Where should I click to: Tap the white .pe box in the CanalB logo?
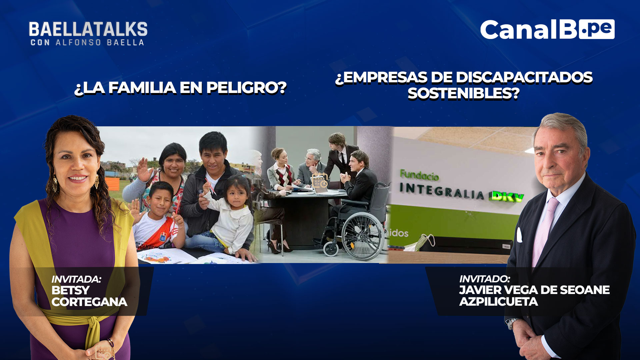(x=597, y=29)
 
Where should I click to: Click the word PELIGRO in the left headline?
(x=246, y=88)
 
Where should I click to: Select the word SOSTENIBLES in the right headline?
(x=463, y=93)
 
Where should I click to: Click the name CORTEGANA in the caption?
(x=89, y=302)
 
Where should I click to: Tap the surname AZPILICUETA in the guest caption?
(x=499, y=301)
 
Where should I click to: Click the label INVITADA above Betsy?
(x=76, y=279)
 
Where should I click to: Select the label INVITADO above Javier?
(x=485, y=279)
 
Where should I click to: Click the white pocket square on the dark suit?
(x=519, y=235)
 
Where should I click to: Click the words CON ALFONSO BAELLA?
(x=87, y=42)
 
